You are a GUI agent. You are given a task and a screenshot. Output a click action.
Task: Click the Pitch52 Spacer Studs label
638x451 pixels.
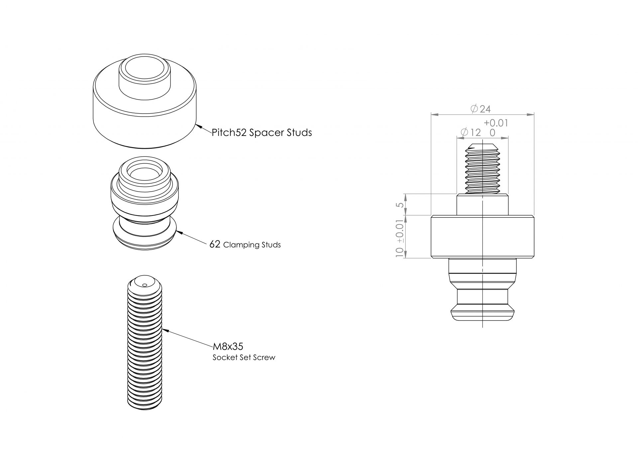coord(262,133)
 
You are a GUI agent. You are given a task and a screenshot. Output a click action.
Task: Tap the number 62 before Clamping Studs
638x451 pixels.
coord(215,244)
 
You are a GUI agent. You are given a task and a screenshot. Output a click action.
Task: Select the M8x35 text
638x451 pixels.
coord(228,346)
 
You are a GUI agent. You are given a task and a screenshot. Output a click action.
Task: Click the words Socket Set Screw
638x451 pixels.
coord(244,357)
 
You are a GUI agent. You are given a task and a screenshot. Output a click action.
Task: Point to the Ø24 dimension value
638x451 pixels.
coord(480,109)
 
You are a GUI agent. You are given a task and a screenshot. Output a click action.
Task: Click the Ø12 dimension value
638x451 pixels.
coord(471,133)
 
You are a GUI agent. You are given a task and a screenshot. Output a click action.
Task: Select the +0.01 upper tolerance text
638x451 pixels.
coord(496,123)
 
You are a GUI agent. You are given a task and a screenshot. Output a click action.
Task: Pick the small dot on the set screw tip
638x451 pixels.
coord(144,285)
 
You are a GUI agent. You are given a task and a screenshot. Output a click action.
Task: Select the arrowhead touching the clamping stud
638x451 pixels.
coord(178,232)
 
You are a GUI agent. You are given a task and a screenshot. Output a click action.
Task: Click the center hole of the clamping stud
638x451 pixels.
coord(144,173)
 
